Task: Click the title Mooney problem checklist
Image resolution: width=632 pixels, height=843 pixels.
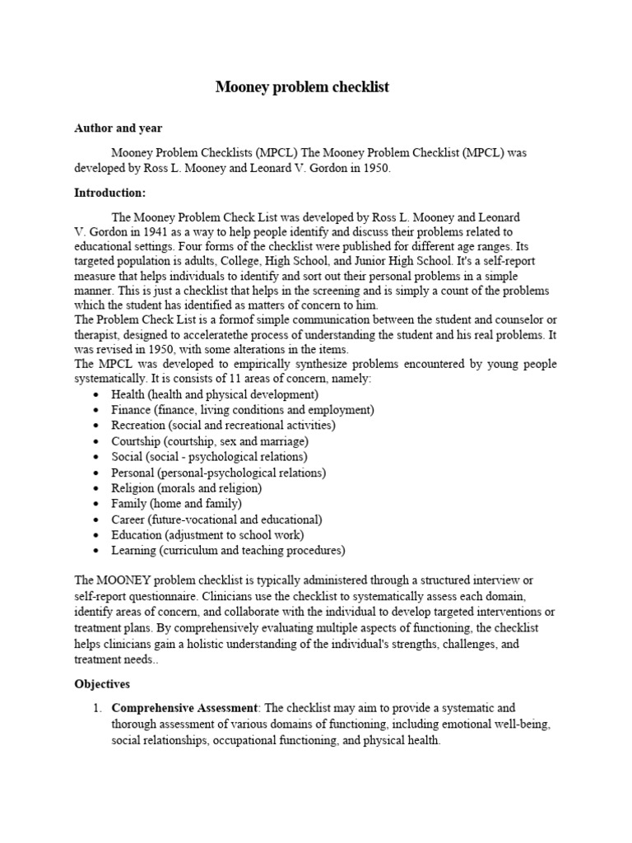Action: pyautogui.click(x=302, y=86)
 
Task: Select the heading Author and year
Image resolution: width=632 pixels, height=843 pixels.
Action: pyautogui.click(x=118, y=128)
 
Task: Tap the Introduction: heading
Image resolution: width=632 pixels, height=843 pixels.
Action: pyautogui.click(x=109, y=193)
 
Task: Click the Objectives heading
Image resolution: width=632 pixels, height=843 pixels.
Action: pyautogui.click(x=102, y=684)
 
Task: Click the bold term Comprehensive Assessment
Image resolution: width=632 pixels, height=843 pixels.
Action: pyautogui.click(x=185, y=708)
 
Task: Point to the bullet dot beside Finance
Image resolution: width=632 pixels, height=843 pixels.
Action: pyautogui.click(x=97, y=410)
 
